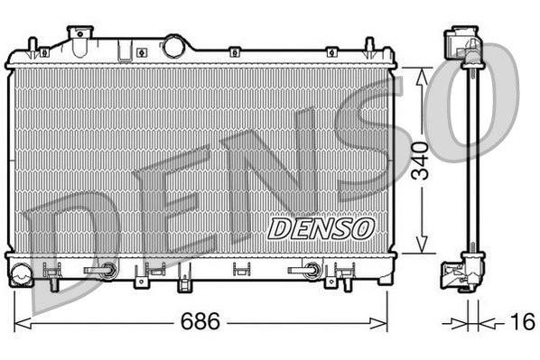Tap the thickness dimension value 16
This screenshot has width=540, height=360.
coord(521,322)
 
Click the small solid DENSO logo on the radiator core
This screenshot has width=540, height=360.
coord(321,226)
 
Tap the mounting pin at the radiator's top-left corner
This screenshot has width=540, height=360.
coord(33,46)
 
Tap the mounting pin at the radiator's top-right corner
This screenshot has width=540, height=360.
coord(369,46)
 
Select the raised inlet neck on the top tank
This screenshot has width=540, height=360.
coord(82,36)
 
